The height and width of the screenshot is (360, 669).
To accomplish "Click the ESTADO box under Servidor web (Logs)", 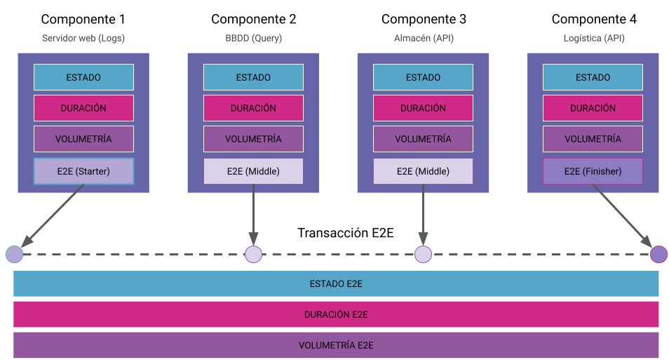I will click(x=83, y=77).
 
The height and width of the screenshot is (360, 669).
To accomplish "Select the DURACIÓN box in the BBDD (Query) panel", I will click(x=253, y=108).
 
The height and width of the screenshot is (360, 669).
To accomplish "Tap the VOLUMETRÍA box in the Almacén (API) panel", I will click(x=423, y=139).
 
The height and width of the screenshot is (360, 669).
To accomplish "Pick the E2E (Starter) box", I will click(x=83, y=171).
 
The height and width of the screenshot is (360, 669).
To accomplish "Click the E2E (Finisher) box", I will click(x=593, y=171).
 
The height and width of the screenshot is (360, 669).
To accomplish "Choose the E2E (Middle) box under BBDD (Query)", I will click(x=253, y=171).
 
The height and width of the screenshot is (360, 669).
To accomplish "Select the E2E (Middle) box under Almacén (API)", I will click(x=423, y=171).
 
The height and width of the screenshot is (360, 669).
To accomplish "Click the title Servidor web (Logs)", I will click(x=83, y=38).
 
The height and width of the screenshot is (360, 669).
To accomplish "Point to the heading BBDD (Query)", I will click(x=253, y=38).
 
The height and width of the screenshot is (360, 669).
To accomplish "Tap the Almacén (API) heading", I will click(x=423, y=38).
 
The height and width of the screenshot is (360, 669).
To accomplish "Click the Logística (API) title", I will click(x=593, y=38).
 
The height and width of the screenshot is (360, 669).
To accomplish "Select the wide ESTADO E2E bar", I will click(x=336, y=284).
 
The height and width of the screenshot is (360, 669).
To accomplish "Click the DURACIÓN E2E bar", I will click(x=336, y=314).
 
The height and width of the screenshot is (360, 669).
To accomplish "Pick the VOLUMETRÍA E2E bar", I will click(x=336, y=345).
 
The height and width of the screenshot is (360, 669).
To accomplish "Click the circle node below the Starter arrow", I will click(x=15, y=254).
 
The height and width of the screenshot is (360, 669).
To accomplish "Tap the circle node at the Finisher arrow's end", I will click(x=658, y=254).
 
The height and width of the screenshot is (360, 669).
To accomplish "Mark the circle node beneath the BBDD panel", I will click(x=253, y=254).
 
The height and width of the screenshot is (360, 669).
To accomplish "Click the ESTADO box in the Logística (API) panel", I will click(x=593, y=77).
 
